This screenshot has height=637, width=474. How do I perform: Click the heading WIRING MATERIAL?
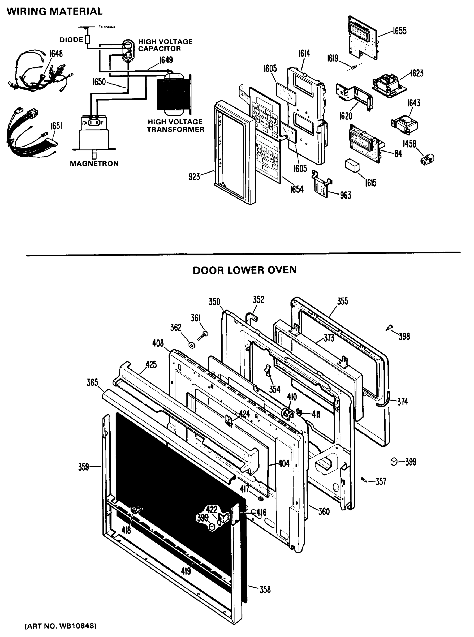[x=54, y=11]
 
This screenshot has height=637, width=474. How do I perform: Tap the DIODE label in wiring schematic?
[x=71, y=40]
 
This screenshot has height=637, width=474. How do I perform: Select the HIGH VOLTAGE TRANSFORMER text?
[x=175, y=126]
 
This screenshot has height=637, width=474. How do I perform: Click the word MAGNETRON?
[x=94, y=163]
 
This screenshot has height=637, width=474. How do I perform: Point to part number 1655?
[x=399, y=31]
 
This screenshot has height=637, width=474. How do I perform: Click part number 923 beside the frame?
[x=194, y=177]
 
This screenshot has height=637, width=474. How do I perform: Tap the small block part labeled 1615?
[x=352, y=166]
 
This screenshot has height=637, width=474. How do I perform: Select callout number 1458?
[x=409, y=144]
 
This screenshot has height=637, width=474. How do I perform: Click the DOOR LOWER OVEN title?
[x=244, y=270]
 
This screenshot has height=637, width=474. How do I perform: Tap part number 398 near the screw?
[x=404, y=336]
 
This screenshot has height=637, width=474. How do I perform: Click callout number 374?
[x=403, y=402]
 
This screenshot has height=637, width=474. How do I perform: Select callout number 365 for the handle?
[x=92, y=382]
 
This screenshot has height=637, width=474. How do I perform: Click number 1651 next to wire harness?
[x=56, y=126]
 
